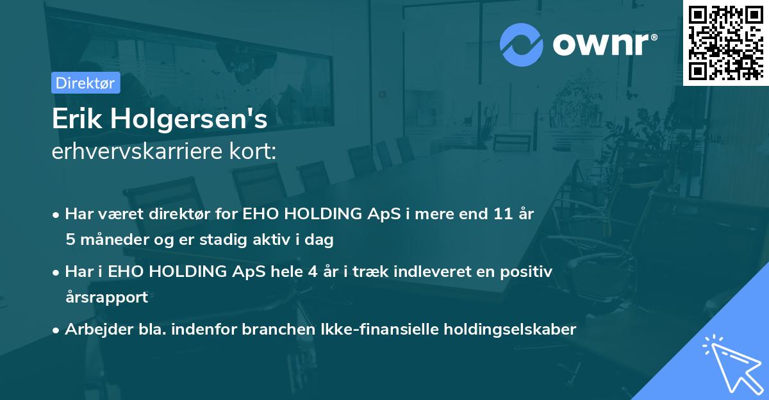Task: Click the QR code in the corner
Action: tap(725, 42)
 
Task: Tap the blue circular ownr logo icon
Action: tap(521, 44)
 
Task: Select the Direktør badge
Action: tap(85, 83)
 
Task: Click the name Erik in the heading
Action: tap(76, 120)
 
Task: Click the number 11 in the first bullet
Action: tap(501, 213)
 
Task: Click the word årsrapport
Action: tap(106, 297)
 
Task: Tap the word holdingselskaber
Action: tap(507, 329)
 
